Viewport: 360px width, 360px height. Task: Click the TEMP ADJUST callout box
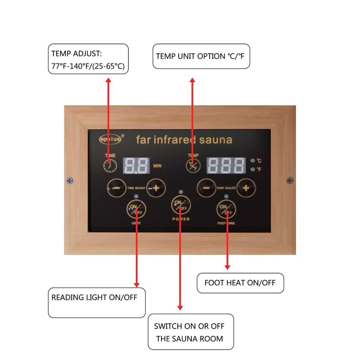pyautogui.click(x=88, y=59)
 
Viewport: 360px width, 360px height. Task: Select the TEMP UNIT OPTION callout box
pyautogui.click(x=201, y=56)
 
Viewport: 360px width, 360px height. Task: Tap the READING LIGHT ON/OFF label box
pyautogui.click(x=97, y=302)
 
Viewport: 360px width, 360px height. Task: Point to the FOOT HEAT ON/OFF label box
pyautogui.click(x=240, y=283)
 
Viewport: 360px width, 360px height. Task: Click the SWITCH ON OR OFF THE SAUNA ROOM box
pyautogui.click(x=191, y=332)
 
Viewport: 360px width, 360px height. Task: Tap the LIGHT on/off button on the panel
pyautogui.click(x=136, y=209)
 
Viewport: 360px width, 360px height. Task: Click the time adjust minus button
pyautogui.click(x=117, y=188)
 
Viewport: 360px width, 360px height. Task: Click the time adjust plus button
pyautogui.click(x=156, y=188)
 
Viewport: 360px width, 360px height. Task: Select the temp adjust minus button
pyautogui.click(x=206, y=188)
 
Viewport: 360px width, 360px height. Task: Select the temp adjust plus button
pyautogui.click(x=246, y=188)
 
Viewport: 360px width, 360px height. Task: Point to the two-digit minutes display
pyautogui.click(x=136, y=165)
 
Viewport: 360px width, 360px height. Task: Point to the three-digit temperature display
pyautogui.click(x=226, y=165)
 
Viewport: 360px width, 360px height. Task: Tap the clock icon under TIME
pyautogui.click(x=110, y=166)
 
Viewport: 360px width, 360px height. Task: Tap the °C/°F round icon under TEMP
pyautogui.click(x=193, y=166)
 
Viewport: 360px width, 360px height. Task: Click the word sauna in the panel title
pyautogui.click(x=216, y=140)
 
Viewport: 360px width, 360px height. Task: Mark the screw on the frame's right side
pyautogui.click(x=290, y=180)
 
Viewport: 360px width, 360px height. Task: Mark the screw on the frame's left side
pyautogui.click(x=70, y=180)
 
